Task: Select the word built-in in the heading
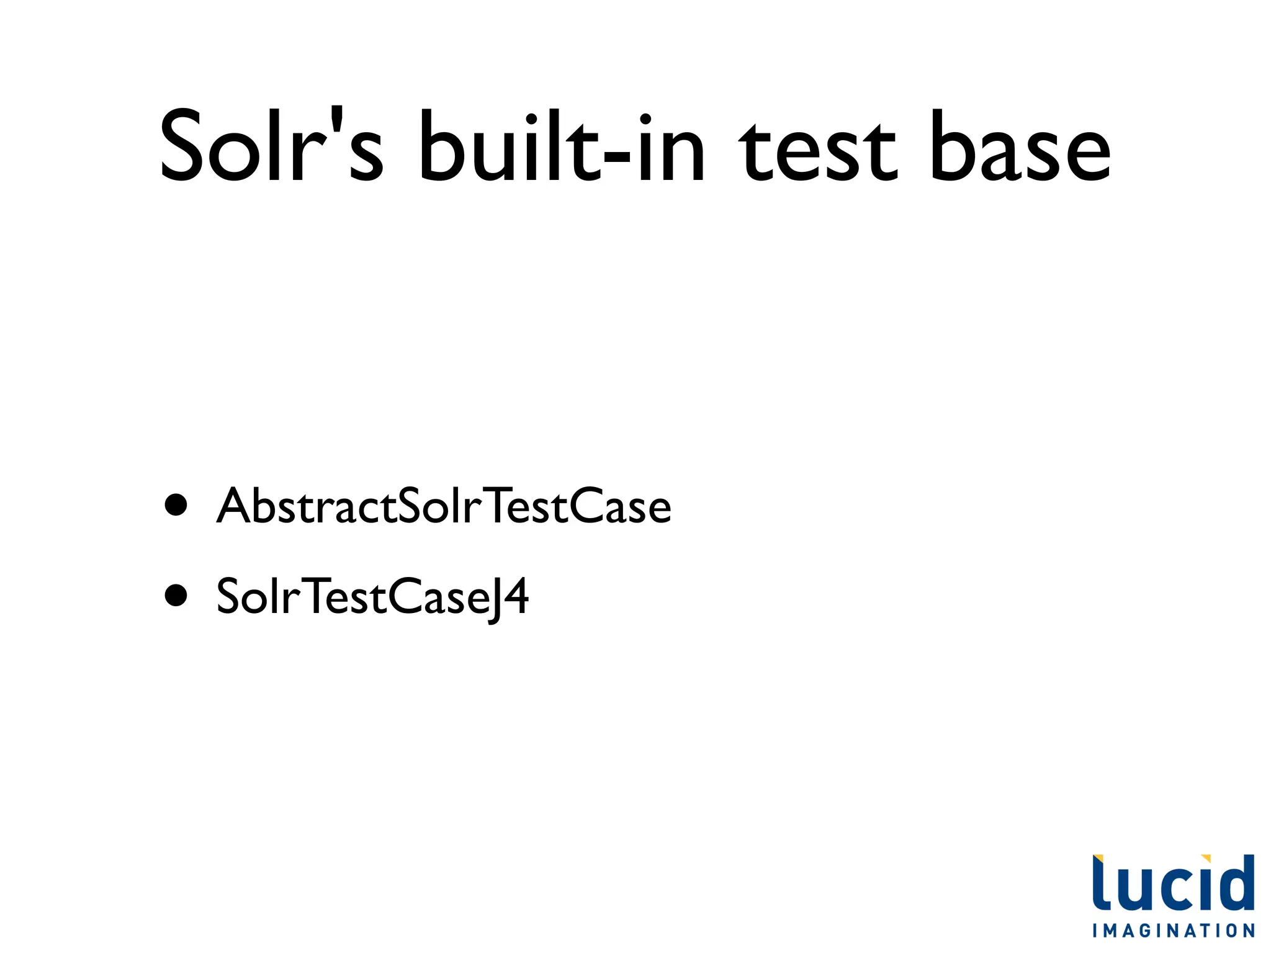click(x=562, y=148)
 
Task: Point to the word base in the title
click(x=1020, y=148)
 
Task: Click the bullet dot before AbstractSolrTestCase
click(x=176, y=505)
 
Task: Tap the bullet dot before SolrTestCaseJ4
click(x=176, y=596)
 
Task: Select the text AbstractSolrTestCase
click(x=443, y=506)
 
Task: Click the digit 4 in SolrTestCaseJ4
click(x=515, y=596)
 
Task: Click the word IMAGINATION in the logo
click(x=1174, y=931)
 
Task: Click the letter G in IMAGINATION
click(x=1144, y=931)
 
